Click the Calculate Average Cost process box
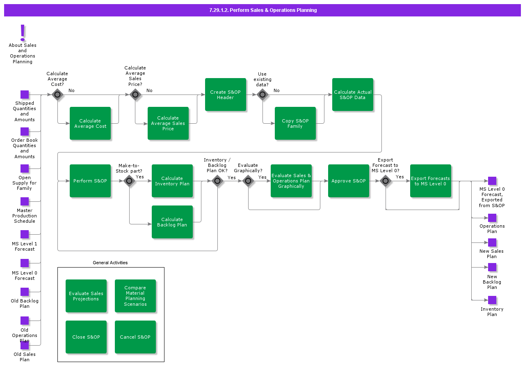90,123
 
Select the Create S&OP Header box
226,95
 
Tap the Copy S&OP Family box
295,123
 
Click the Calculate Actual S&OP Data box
353,95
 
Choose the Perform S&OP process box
90,181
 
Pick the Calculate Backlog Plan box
172,222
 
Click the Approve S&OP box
349,181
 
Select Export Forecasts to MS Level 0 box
431,181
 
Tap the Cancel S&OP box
135,337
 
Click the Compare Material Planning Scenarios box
135,296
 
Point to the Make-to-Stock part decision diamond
129,181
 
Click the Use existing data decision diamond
262,95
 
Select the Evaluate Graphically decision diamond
248,181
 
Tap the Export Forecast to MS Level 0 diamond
386,181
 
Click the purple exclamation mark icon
23,33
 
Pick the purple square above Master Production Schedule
25,201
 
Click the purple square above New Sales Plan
492,242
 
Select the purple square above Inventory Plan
492,300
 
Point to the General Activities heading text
110,263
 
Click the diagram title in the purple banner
262,10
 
